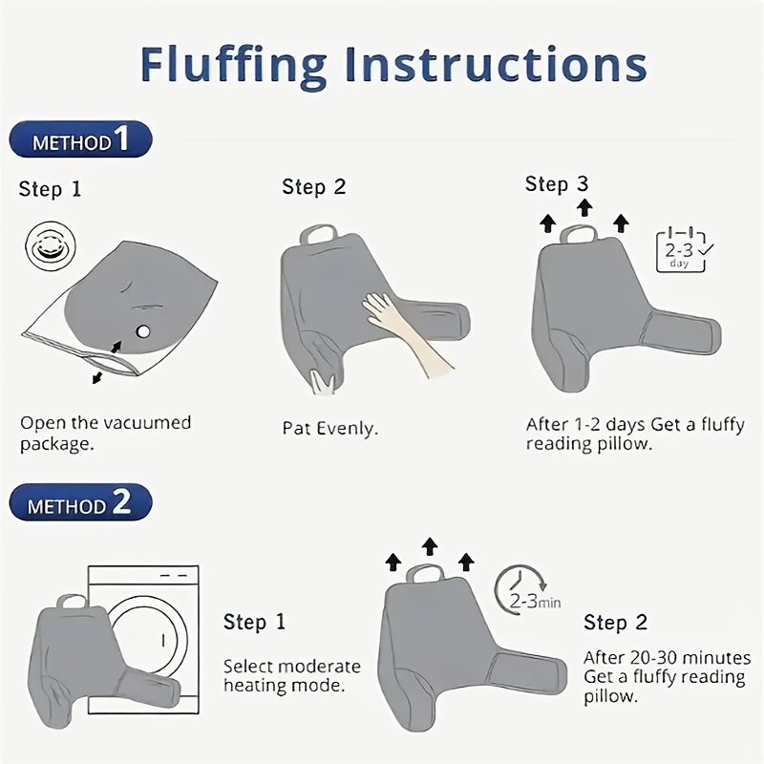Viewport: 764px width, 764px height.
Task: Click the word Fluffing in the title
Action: [x=233, y=66]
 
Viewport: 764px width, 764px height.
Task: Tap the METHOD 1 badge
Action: [x=80, y=139]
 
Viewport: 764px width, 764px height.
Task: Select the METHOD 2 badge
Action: [x=80, y=502]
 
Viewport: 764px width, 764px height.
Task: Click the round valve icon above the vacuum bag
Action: [x=51, y=246]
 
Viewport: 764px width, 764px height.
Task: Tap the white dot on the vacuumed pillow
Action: [x=143, y=331]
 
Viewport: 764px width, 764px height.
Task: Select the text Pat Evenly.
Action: [x=329, y=429]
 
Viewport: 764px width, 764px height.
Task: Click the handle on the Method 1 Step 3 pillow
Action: [x=578, y=234]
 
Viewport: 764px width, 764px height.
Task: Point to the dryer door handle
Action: [x=163, y=640]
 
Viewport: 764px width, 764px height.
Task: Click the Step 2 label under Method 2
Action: [x=615, y=623]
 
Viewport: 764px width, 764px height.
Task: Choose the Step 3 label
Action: [x=557, y=184]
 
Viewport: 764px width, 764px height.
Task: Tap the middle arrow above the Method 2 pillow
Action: [x=429, y=546]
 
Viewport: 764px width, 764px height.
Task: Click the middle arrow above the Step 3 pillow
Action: [x=584, y=207]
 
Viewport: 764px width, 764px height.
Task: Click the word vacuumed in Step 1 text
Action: [x=150, y=422]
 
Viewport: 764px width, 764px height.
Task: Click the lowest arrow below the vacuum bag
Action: [x=97, y=377]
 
